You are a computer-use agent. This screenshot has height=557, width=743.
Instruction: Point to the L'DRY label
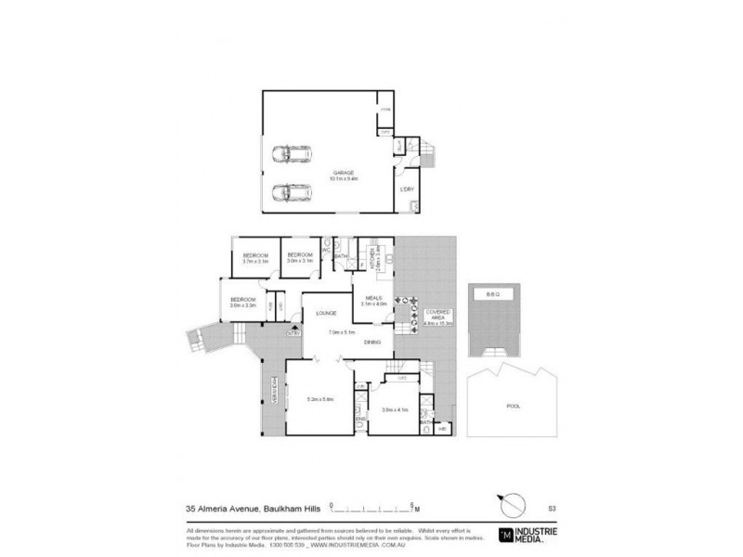tap(406, 189)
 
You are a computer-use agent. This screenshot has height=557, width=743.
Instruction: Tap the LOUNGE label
tap(326, 314)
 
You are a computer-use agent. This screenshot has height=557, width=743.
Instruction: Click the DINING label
tap(372, 343)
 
